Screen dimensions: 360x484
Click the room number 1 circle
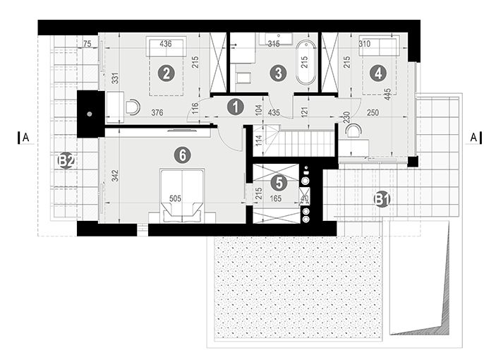click(x=236, y=107)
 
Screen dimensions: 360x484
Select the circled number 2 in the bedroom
click(x=166, y=73)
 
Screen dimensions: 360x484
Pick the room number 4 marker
click(x=379, y=72)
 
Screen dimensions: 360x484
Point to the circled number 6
click(x=182, y=153)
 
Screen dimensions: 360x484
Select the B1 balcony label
click(x=382, y=200)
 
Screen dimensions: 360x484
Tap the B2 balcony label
click(x=66, y=162)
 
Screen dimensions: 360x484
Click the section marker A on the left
click(x=24, y=138)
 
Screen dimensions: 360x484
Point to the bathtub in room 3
click(x=306, y=64)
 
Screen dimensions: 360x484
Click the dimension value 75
click(x=87, y=44)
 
